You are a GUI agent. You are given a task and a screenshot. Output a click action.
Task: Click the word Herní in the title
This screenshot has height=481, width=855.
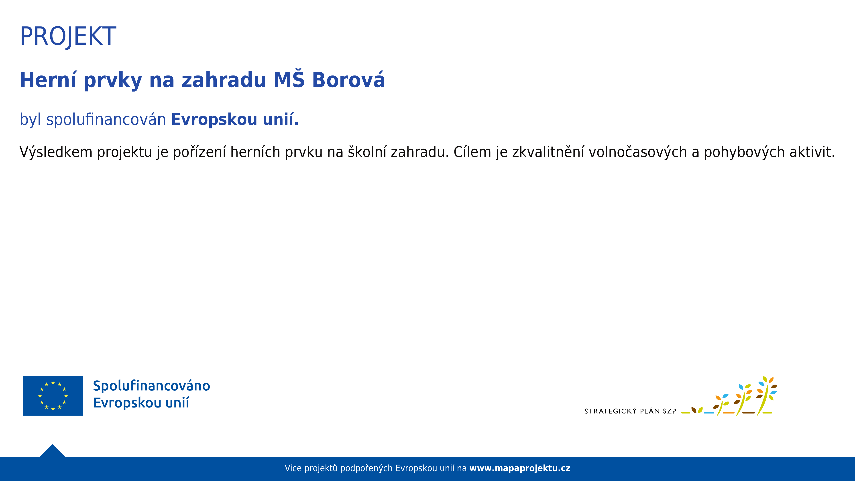pyautogui.click(x=48, y=80)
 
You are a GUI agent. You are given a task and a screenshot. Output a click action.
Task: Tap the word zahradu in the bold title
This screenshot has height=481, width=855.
pyautogui.click(x=224, y=80)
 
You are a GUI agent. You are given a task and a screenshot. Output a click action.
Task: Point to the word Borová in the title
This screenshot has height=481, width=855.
pyautogui.click(x=348, y=80)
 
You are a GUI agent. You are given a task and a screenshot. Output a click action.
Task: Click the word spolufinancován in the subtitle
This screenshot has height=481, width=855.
pyautogui.click(x=106, y=120)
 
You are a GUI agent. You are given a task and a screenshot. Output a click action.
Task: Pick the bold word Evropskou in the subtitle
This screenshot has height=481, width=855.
pyautogui.click(x=214, y=120)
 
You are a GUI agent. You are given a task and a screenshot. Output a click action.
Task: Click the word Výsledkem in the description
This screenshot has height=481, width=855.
pyautogui.click(x=56, y=152)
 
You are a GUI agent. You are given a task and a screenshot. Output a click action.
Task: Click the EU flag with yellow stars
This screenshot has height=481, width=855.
pyautogui.click(x=53, y=396)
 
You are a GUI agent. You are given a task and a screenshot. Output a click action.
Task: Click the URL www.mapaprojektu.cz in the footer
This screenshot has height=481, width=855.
pyautogui.click(x=520, y=468)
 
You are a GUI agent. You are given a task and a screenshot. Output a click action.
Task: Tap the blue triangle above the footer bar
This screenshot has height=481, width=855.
pyautogui.click(x=52, y=451)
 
